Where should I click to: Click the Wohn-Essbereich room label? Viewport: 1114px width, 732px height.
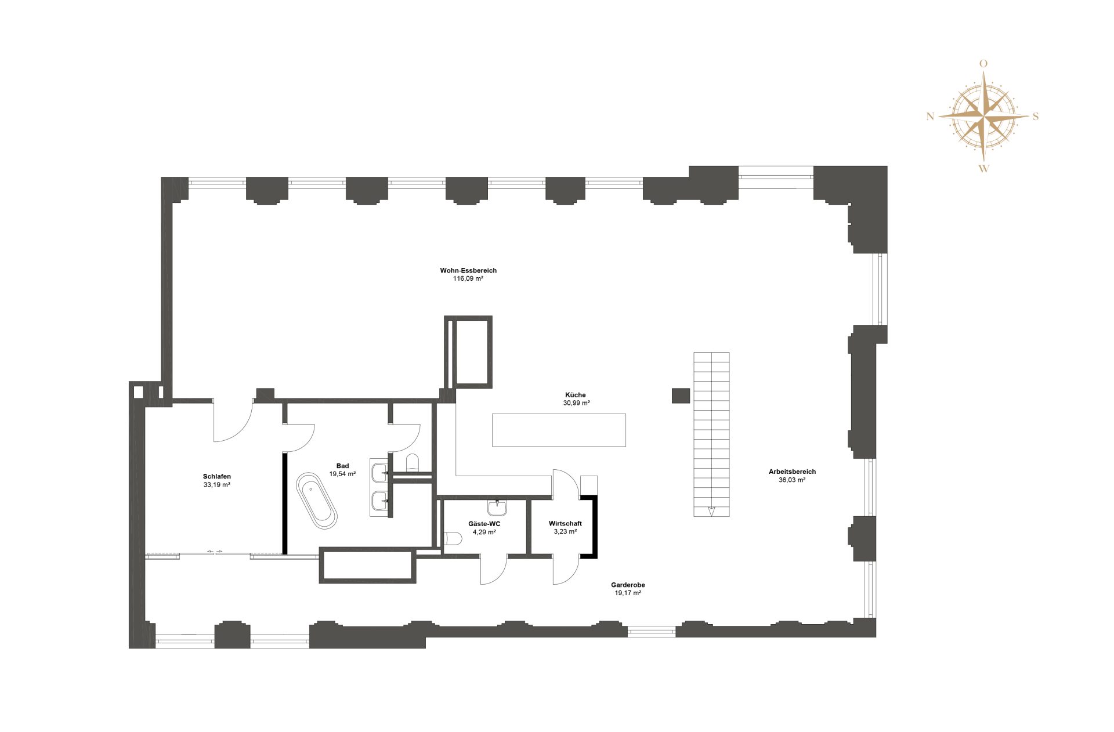[468, 270]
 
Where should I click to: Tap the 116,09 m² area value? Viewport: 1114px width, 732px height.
[468, 279]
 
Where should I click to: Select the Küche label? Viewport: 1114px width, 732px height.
[576, 395]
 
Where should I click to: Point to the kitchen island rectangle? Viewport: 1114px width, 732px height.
[559, 430]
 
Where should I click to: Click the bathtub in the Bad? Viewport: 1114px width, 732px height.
[316, 501]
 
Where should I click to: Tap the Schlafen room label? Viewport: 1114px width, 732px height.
[217, 476]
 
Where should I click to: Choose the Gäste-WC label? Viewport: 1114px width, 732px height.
[484, 524]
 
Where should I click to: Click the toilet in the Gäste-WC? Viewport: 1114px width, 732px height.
[453, 539]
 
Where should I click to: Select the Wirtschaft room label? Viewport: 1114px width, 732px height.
[565, 524]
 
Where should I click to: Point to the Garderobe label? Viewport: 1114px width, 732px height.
[628, 585]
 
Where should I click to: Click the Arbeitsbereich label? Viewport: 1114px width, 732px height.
[792, 472]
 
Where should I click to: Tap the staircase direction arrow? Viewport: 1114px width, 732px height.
[712, 511]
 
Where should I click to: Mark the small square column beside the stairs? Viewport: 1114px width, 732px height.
[681, 396]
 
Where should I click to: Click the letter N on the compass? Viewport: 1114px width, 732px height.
[931, 117]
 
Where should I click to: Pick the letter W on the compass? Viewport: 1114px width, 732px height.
[984, 169]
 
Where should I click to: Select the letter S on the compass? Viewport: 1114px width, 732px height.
[1036, 117]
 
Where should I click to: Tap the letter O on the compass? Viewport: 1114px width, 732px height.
[983, 64]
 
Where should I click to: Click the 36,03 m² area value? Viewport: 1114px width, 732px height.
[792, 480]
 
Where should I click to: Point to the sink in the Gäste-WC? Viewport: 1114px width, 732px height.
[497, 508]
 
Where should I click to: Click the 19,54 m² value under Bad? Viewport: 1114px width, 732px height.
[342, 474]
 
